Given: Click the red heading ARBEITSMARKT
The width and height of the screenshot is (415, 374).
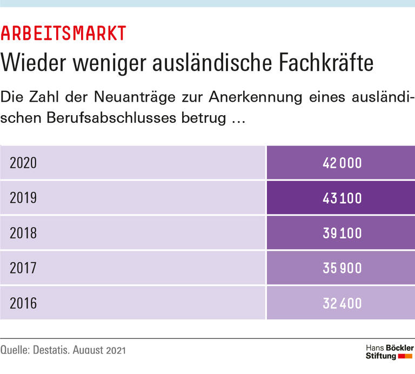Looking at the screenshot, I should coord(64,33).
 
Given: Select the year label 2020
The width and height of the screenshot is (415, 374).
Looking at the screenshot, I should coord(23,163).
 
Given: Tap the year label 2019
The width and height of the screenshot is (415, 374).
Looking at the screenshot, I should coord(23,198).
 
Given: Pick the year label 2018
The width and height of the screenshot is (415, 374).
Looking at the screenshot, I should coord(23,233).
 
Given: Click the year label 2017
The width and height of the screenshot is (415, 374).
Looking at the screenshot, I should coord(23,268).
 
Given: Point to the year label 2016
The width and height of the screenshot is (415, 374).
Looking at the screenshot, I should coord(23,303).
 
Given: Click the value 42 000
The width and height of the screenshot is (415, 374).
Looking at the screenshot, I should coord(342,163).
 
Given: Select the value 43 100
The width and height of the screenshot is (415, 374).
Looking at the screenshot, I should coord(342,198).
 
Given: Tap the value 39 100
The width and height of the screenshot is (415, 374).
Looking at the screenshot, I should coord(342,233).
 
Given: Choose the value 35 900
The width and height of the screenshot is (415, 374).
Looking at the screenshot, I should coord(342,268).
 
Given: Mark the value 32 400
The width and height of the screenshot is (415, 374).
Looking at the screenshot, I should coord(342,303).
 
